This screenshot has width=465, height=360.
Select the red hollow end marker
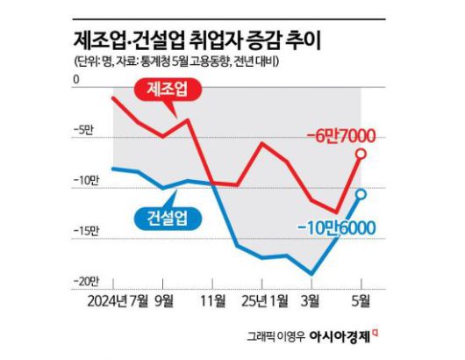click(361, 154)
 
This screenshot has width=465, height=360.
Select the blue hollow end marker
click(361, 194)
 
